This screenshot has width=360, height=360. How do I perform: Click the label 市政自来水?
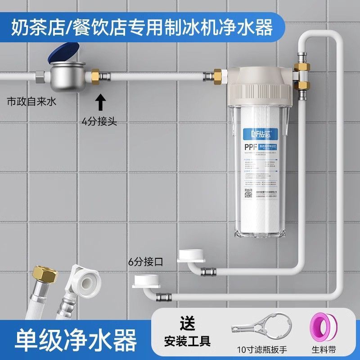coord(28,102)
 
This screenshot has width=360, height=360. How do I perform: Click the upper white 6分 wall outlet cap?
coord(192,255)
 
